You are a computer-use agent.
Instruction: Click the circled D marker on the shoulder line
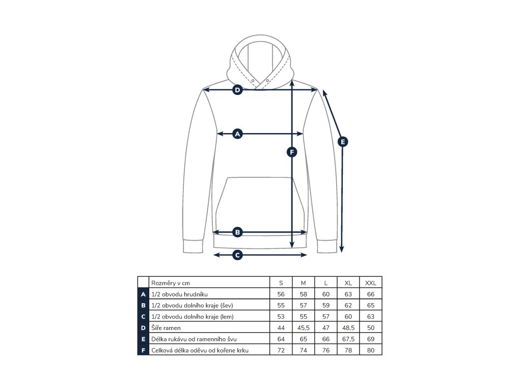(237, 90)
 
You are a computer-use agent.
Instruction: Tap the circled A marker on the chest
(237, 134)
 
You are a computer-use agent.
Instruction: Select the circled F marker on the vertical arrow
(291, 151)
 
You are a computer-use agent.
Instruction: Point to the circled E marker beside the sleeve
(343, 142)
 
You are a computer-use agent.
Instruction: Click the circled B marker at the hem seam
(237, 232)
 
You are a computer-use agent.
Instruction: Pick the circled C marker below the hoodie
(237, 255)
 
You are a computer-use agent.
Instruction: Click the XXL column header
(370, 283)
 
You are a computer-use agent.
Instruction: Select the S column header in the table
(281, 283)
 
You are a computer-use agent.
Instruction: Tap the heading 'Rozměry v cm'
(171, 283)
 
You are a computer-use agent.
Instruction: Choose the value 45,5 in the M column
(303, 328)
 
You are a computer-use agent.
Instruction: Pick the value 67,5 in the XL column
(348, 339)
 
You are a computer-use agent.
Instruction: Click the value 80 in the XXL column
(370, 350)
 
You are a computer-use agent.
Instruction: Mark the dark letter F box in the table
(143, 350)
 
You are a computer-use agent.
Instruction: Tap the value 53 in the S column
(281, 316)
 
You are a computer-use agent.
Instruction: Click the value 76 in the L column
(326, 350)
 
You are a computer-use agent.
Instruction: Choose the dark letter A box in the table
(143, 294)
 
